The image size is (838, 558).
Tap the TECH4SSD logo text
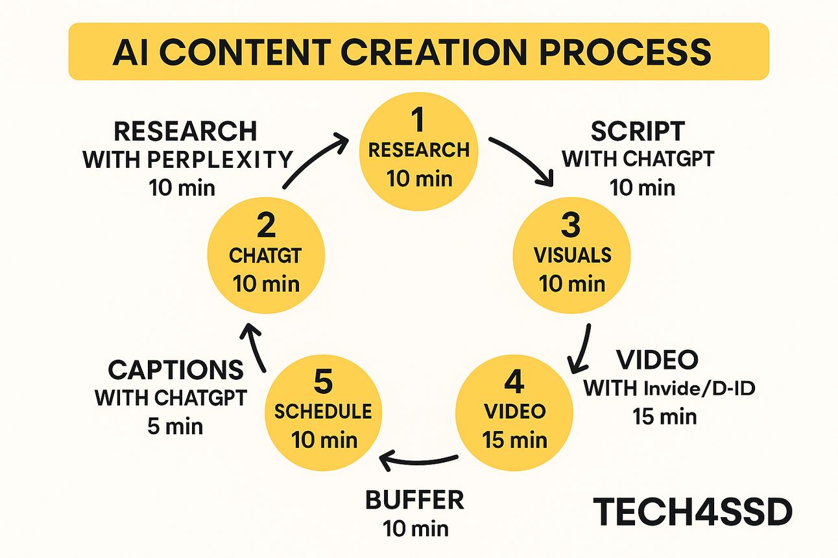coord(693,512)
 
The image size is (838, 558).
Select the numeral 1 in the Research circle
coord(418,120)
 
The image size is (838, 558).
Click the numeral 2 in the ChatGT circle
coord(266,225)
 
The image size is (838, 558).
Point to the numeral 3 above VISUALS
coord(571,225)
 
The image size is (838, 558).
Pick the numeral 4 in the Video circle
coord(514,382)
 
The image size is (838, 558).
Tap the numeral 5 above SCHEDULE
coord(323,382)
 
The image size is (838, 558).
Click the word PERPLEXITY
coord(220,159)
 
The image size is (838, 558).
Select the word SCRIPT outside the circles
coord(638,131)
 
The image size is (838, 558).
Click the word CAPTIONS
coord(176,370)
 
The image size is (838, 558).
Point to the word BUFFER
coord(414,500)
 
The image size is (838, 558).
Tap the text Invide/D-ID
coord(700,389)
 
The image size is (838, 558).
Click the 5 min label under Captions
coord(175,426)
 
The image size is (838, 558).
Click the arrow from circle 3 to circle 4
coord(581,348)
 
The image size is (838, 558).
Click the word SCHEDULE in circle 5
coord(323,412)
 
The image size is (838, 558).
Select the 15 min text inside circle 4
coord(515,440)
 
